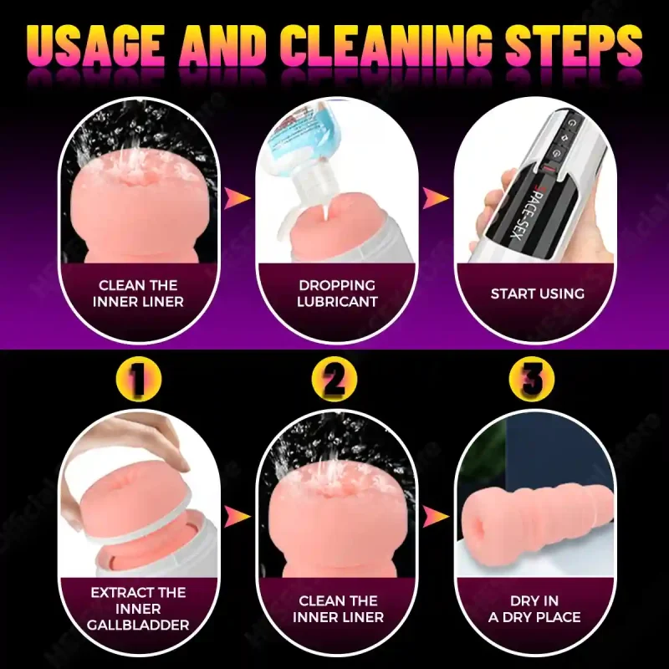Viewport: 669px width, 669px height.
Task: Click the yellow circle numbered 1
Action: [x=138, y=381]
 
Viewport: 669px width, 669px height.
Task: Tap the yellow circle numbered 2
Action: [x=334, y=381]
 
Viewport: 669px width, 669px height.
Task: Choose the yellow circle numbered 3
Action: [x=532, y=381]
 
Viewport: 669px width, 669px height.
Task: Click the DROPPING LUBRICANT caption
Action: [x=336, y=293]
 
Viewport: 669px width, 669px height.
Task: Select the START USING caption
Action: [x=537, y=294]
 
